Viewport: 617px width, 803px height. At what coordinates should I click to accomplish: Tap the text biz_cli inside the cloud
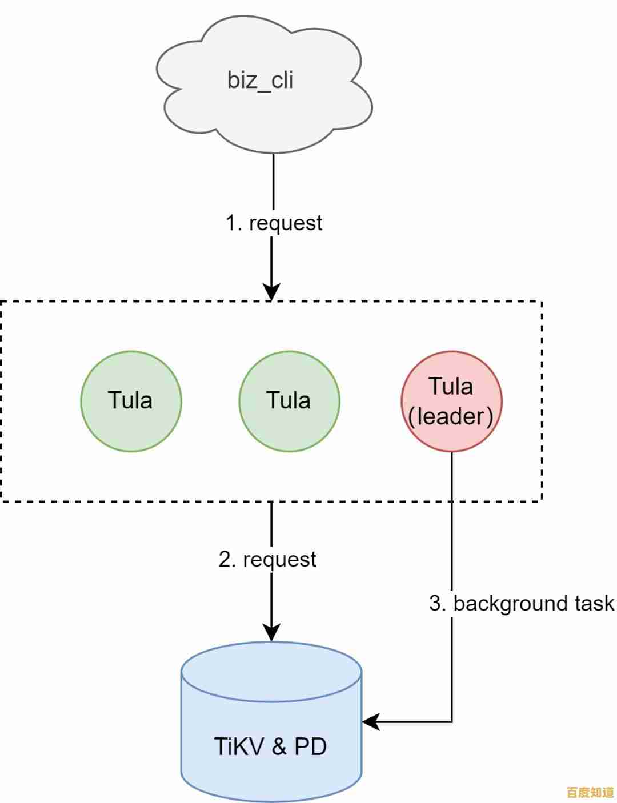click(x=260, y=79)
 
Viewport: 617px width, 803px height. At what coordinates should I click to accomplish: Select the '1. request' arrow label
click(x=274, y=222)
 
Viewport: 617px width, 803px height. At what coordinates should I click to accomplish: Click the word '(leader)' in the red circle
click(x=451, y=416)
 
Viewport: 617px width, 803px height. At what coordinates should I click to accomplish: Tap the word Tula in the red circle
click(x=451, y=386)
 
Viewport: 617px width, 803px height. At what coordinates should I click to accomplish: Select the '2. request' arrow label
click(x=267, y=559)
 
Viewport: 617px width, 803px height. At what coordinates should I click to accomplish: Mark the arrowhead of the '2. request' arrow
click(x=271, y=632)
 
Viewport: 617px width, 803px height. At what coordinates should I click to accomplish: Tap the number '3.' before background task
click(x=438, y=603)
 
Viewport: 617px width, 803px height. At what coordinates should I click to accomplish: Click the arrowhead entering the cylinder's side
click(x=370, y=722)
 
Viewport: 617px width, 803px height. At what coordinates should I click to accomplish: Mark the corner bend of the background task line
click(x=452, y=722)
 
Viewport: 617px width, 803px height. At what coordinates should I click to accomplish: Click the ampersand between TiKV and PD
click(x=279, y=746)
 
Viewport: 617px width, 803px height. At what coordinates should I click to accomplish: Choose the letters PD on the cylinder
click(x=310, y=746)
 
